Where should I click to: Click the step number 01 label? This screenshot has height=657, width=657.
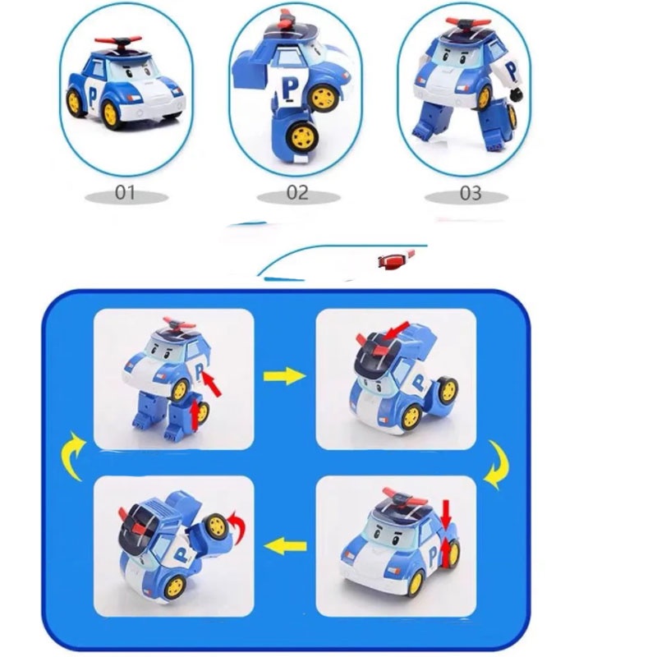pos(126,195)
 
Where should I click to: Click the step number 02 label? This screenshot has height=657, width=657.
pos(296,194)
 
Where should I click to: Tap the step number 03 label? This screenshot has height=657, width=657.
pos(470,195)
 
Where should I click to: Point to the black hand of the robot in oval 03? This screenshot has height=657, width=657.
pos(517,100)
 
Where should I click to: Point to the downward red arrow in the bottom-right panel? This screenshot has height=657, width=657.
pos(446,517)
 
